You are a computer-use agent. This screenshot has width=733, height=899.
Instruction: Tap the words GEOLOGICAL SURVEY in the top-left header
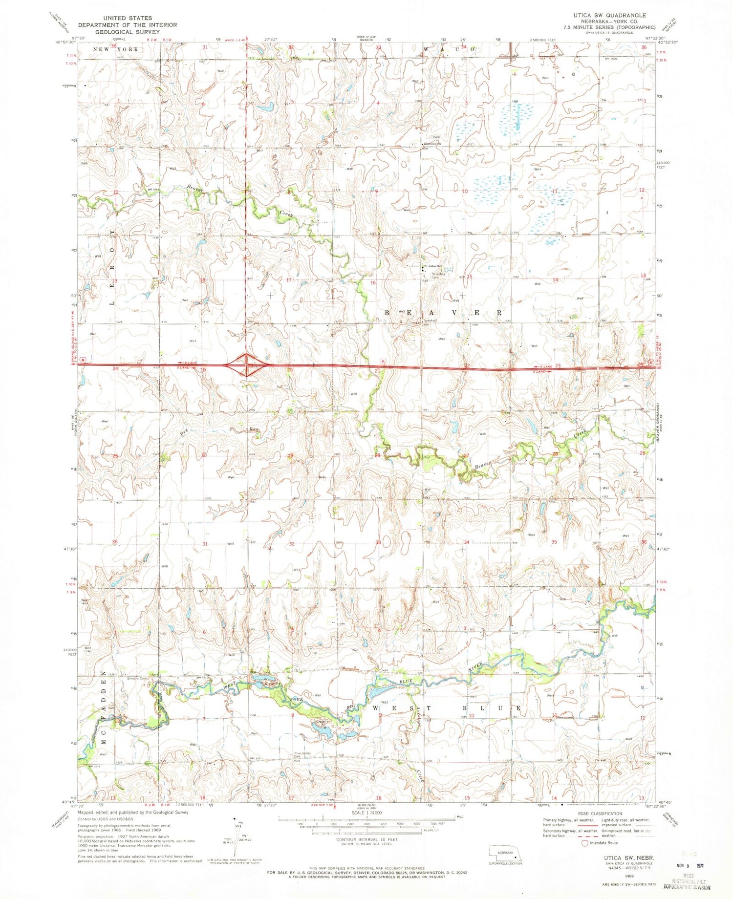pyautogui.click(x=127, y=31)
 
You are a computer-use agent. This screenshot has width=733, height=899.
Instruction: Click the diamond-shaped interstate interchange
pyautogui.click(x=247, y=364)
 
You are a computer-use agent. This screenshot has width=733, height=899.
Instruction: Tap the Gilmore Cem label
pyautogui.click(x=137, y=678)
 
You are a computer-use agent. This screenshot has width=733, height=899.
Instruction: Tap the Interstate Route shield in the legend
pyautogui.click(x=584, y=843)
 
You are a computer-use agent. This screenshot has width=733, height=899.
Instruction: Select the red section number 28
pyautogui.click(x=377, y=456)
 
